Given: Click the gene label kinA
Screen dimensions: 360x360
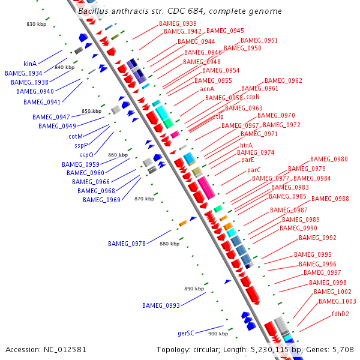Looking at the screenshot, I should point(30,64).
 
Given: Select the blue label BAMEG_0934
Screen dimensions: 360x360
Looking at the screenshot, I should point(24,73).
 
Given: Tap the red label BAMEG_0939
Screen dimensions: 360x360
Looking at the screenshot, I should point(178,23).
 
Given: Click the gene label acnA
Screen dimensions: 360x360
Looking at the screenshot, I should point(207,89).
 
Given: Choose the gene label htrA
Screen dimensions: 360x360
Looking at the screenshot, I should point(246,145).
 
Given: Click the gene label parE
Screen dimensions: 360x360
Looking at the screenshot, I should point(248,160).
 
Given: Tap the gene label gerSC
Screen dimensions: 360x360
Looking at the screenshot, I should point(186,332).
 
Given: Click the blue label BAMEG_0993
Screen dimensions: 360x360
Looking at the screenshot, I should point(161,305).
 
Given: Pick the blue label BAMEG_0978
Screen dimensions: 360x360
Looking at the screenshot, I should point(127,244).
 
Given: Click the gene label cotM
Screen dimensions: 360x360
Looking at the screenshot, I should point(76,136).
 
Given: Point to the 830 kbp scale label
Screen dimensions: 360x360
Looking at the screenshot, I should point(37,24).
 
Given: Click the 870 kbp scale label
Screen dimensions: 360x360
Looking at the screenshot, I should point(144,199).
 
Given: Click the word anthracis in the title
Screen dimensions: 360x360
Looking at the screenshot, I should point(128,11).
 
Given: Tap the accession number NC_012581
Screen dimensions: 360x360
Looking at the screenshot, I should point(65,349).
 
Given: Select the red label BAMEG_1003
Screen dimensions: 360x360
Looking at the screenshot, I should point(337,301).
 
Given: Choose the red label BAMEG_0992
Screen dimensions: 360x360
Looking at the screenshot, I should point(317,238).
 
